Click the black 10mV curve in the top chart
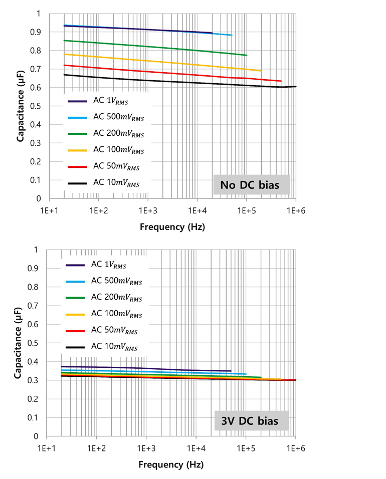[150, 81]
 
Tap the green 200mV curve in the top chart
[150, 47]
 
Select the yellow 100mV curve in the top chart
[150, 61]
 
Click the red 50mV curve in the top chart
[150, 71]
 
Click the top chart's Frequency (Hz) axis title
[172, 226]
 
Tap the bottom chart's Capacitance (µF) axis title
[18, 343]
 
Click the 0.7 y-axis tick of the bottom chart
[38, 305]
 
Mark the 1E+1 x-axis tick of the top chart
[49, 210]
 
